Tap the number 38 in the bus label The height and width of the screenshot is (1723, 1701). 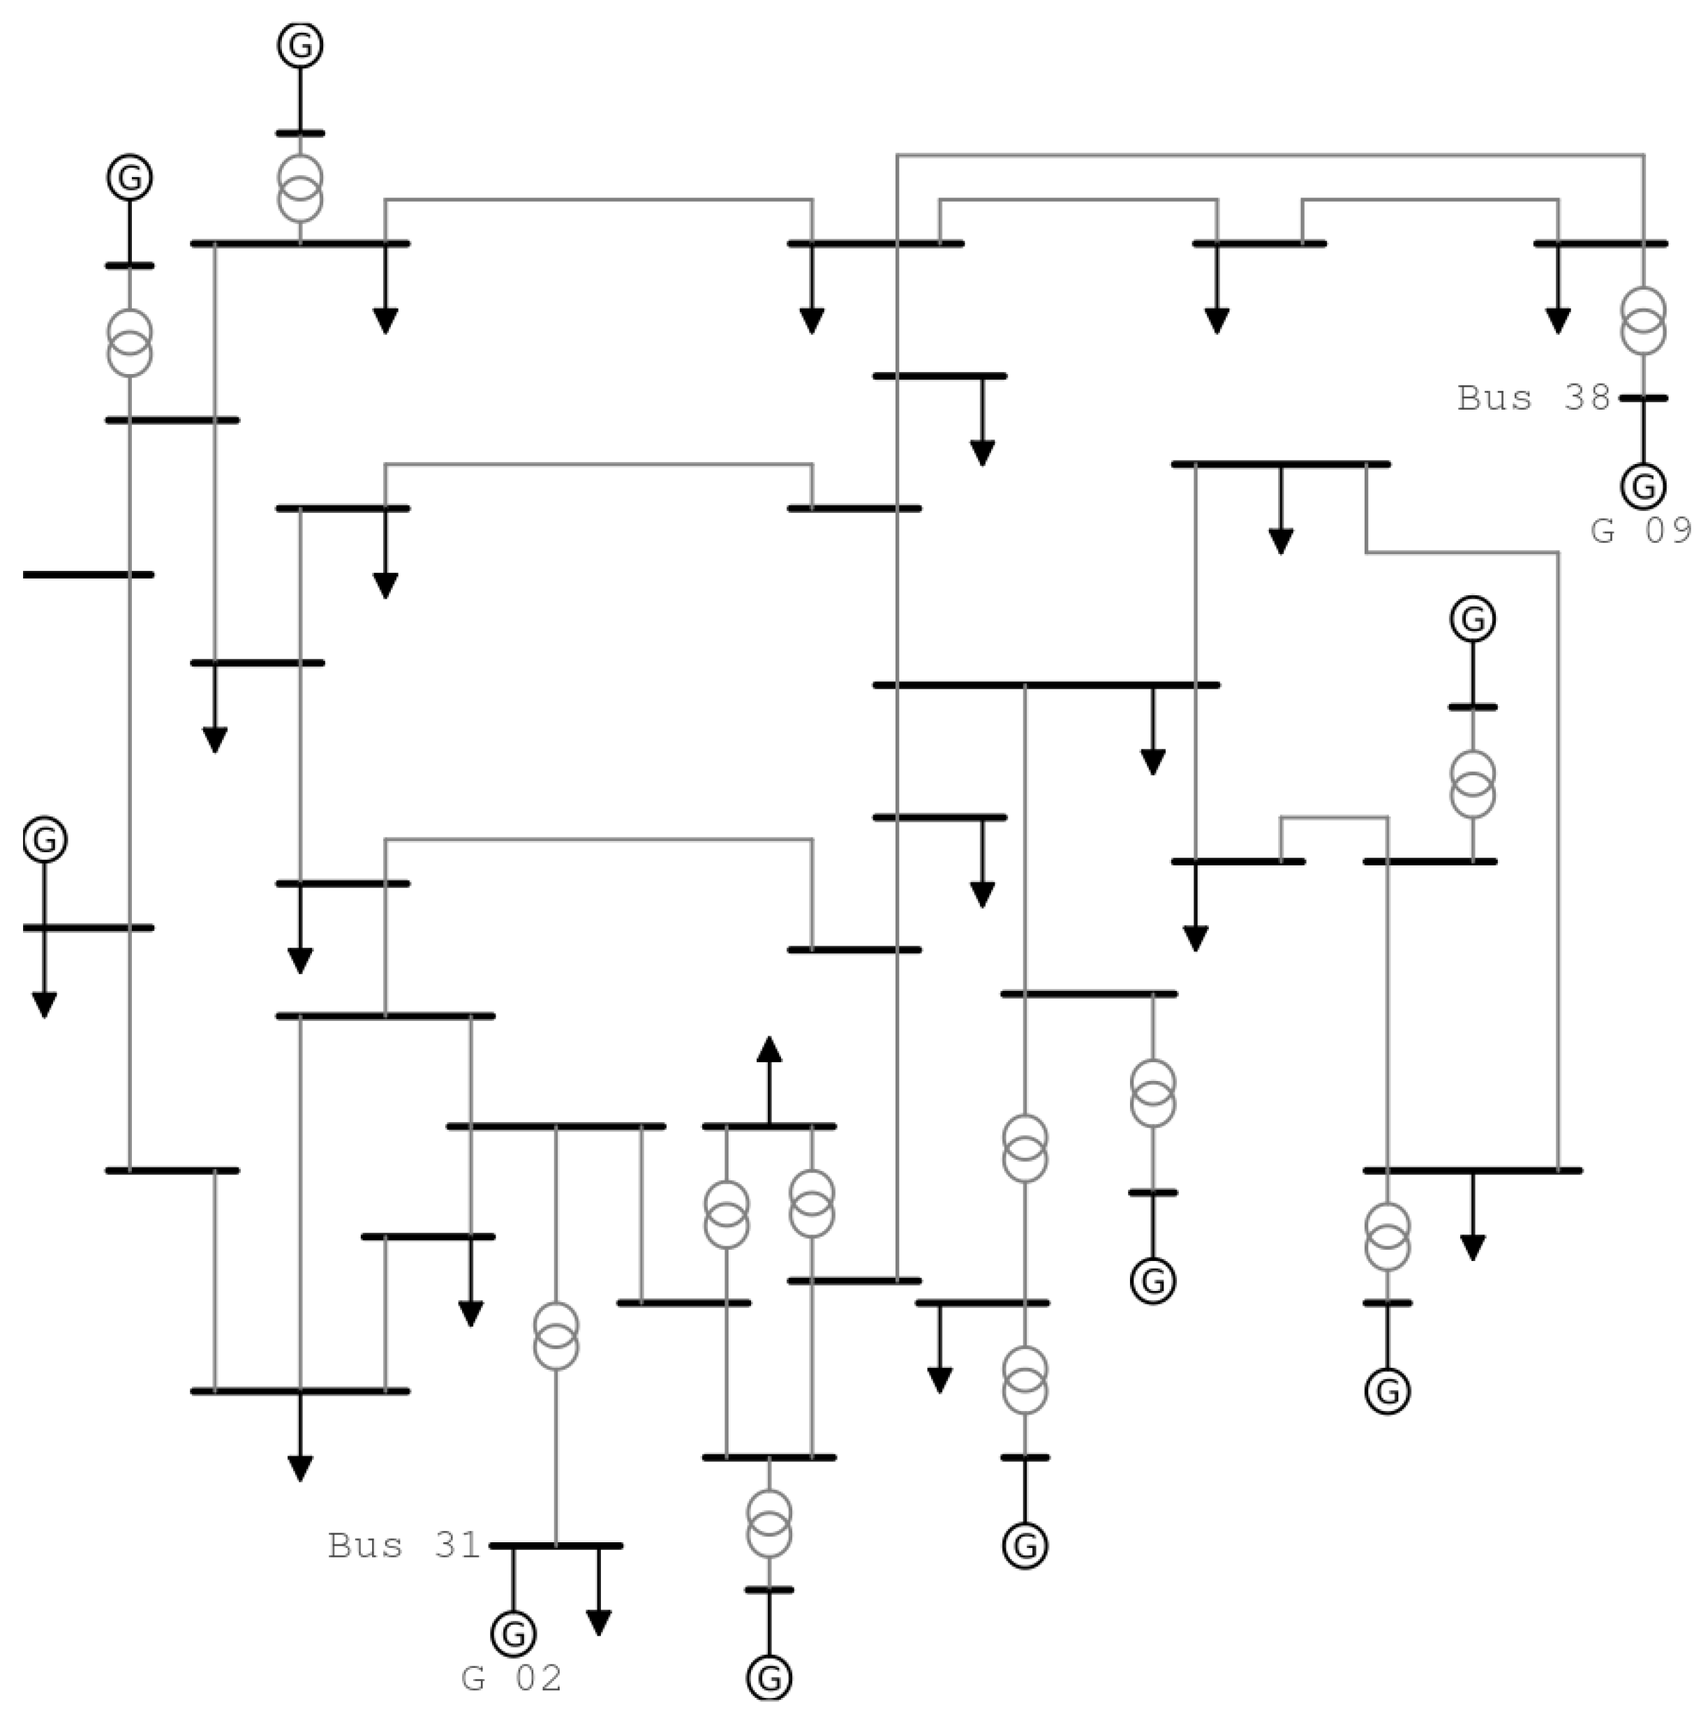click(x=1585, y=398)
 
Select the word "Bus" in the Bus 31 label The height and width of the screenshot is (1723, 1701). click(x=365, y=1546)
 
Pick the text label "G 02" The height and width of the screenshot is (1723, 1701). click(x=511, y=1679)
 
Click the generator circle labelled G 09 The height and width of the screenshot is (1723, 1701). click(x=1642, y=486)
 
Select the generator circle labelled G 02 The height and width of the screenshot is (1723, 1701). click(x=513, y=1634)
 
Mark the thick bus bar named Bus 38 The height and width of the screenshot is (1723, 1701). click(x=1642, y=398)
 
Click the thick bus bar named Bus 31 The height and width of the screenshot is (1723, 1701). click(x=555, y=1546)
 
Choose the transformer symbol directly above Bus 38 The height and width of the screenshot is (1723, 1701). click(x=1642, y=321)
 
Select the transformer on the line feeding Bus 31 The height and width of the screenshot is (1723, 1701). click(x=556, y=1335)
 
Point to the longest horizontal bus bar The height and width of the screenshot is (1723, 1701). click(x=1044, y=685)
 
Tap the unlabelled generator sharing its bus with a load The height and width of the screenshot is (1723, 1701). click(x=45, y=840)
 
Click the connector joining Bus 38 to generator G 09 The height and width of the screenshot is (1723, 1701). click(x=1642, y=433)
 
